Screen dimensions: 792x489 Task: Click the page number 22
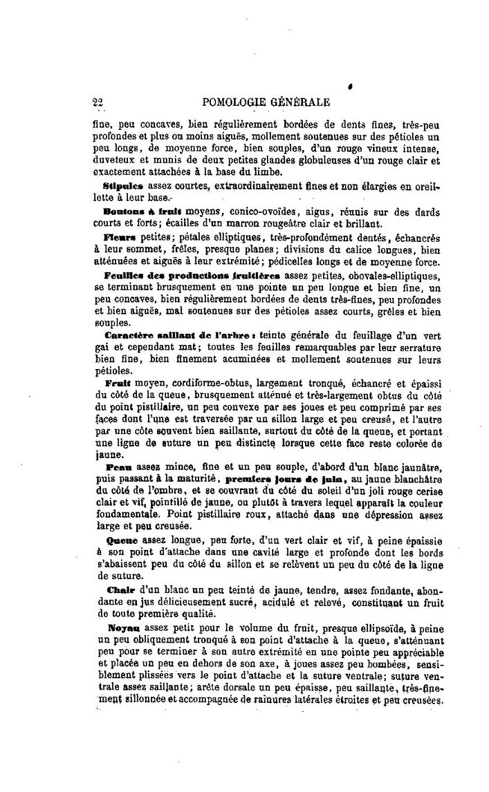click(x=98, y=103)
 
